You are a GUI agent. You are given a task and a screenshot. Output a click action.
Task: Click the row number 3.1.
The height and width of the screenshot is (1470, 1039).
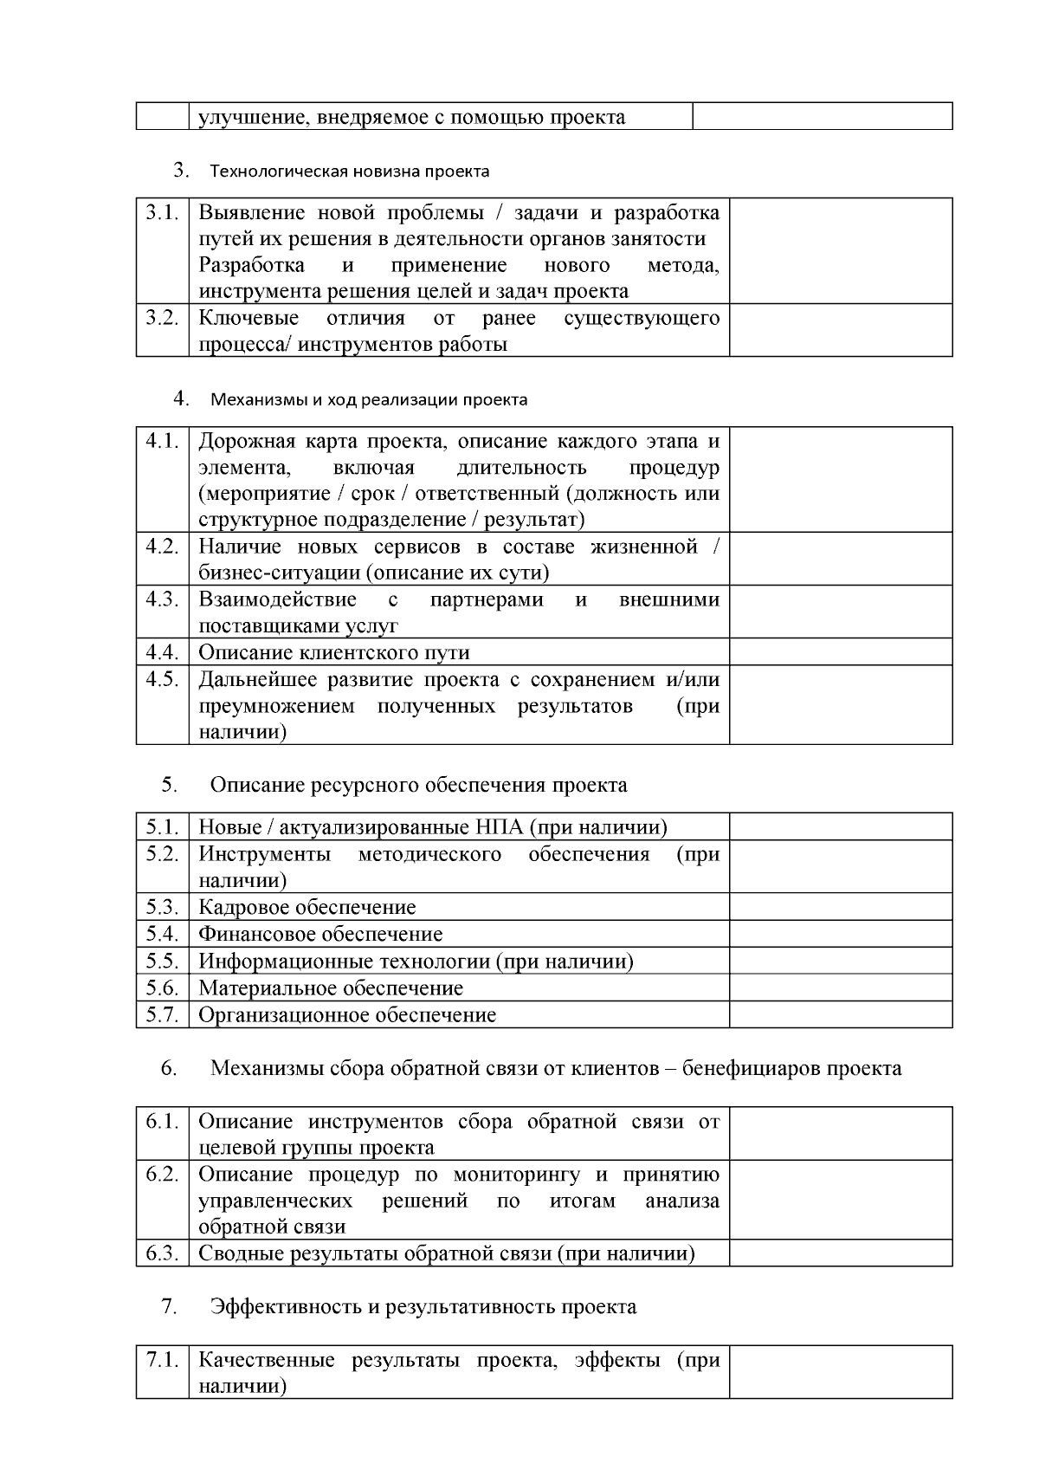(x=162, y=212)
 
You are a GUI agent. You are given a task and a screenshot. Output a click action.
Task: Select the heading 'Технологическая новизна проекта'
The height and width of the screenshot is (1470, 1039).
(x=349, y=171)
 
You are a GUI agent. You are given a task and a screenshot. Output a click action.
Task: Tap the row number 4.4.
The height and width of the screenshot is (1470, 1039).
(x=162, y=651)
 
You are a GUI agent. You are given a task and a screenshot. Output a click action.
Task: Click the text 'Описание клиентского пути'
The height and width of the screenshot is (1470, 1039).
(x=334, y=652)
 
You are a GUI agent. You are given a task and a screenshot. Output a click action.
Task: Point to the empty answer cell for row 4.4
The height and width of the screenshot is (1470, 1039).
(x=840, y=651)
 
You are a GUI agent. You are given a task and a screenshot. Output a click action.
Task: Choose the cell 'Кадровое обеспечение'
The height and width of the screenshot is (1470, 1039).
(x=307, y=907)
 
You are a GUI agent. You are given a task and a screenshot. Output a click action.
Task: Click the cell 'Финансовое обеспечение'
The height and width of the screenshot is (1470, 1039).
(x=320, y=934)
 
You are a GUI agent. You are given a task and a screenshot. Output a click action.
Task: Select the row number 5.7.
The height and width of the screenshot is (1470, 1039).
(x=162, y=1014)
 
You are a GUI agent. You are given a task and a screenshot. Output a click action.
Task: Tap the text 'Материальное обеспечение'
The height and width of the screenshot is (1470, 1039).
(x=331, y=988)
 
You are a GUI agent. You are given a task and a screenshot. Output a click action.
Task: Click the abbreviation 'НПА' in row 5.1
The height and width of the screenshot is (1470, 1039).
(x=500, y=827)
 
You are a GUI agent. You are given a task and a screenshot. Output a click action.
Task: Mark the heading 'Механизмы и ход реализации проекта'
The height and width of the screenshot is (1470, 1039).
(x=369, y=399)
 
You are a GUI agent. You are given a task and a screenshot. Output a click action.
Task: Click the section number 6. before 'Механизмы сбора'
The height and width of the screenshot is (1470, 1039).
(x=169, y=1068)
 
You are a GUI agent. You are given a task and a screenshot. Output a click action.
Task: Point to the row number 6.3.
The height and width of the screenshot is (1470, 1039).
(x=162, y=1253)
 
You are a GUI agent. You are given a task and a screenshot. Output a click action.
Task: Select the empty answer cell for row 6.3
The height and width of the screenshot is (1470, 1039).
(x=840, y=1253)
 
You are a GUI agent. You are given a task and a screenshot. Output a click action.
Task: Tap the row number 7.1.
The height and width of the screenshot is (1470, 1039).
(x=162, y=1359)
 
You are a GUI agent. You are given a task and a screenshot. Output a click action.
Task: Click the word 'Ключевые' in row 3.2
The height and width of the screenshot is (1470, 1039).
(x=248, y=318)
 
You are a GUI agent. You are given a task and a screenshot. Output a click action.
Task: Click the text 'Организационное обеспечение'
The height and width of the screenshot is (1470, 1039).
(x=347, y=1014)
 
